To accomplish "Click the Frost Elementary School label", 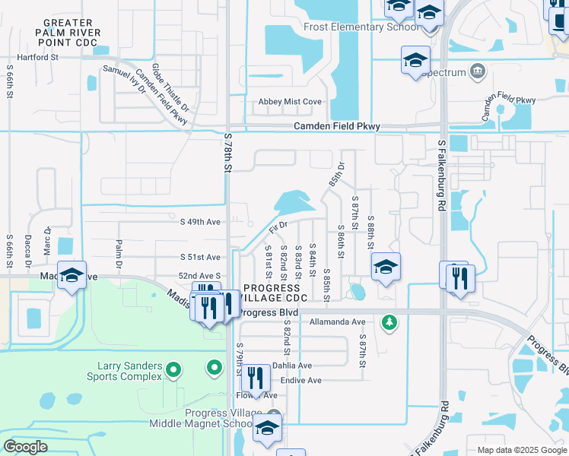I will pyautogui.click(x=361, y=27).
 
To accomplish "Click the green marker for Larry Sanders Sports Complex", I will pyautogui.click(x=173, y=370).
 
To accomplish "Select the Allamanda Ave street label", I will pyautogui.click(x=338, y=322).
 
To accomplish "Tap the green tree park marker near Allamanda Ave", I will pyautogui.click(x=389, y=322).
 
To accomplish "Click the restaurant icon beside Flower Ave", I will pyautogui.click(x=256, y=378).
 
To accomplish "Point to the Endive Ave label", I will pyautogui.click(x=301, y=380).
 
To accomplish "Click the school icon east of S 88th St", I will pyautogui.click(x=386, y=267).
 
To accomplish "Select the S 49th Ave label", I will pyautogui.click(x=200, y=222).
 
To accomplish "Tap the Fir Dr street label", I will pyautogui.click(x=278, y=226).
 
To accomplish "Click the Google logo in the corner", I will pyautogui.click(x=26, y=447).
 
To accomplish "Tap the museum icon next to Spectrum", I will pyautogui.click(x=478, y=71).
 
